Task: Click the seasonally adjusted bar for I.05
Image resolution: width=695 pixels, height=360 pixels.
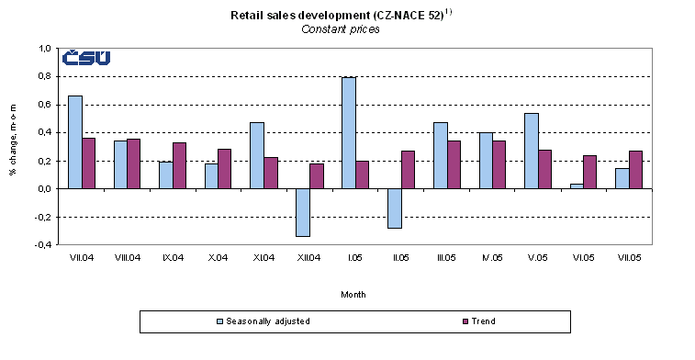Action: (348, 133)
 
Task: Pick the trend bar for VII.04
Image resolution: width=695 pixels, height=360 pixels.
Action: (88, 163)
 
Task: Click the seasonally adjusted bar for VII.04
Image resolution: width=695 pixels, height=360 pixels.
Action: (74, 142)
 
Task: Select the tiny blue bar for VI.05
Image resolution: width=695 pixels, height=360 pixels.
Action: (576, 186)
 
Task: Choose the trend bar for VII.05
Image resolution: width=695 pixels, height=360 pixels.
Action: (634, 170)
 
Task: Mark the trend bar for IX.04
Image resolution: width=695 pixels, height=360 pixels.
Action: (179, 165)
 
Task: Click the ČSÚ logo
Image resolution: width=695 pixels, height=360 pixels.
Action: (86, 58)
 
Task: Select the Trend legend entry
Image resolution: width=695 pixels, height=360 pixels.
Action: (476, 321)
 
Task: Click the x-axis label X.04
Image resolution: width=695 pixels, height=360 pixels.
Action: (218, 258)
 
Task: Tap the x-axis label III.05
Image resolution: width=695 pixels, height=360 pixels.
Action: (445, 258)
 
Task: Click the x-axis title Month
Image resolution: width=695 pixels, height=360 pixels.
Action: (354, 294)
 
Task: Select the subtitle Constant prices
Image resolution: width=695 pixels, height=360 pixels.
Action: (341, 28)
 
